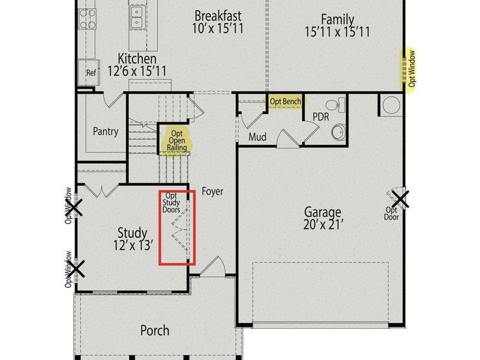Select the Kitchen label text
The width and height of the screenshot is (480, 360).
137,59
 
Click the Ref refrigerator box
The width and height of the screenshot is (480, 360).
91,73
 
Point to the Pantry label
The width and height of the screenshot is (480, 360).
105,131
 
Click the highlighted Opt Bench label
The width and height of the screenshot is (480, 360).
285,101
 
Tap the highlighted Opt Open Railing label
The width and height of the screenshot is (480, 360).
176,140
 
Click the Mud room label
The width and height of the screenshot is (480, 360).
257,137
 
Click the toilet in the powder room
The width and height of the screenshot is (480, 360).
339,105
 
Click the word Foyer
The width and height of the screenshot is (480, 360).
212,191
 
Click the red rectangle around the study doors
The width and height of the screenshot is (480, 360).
177,227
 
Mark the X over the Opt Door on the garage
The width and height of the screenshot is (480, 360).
400,199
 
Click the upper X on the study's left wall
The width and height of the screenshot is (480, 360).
73,208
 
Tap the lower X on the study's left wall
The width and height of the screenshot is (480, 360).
76,267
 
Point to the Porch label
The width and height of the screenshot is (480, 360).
154,330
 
